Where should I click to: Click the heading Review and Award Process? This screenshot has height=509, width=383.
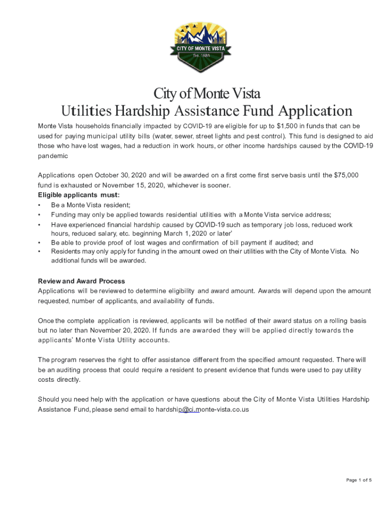pos(82,281)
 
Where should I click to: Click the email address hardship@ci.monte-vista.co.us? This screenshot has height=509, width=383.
pos(202,410)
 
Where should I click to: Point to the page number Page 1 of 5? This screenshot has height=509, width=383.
pos(359,480)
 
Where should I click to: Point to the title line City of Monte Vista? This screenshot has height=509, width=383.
pos(206,94)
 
